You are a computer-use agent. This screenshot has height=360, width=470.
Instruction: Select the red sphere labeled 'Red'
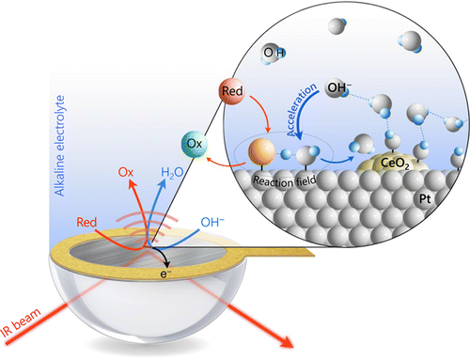pos(232,93)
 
